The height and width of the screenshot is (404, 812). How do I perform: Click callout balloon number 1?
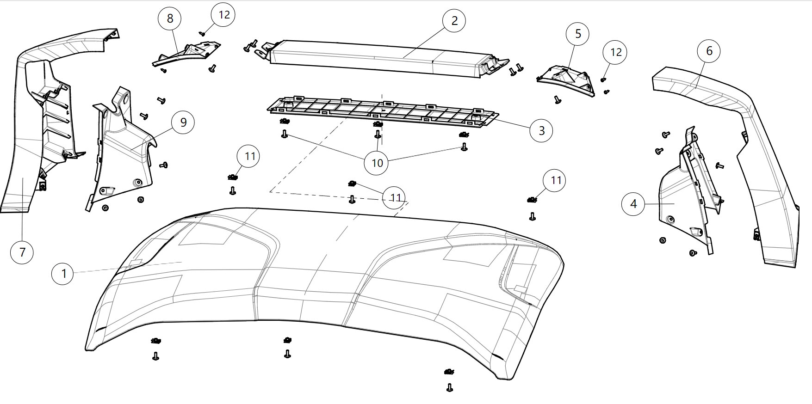[x=64, y=274]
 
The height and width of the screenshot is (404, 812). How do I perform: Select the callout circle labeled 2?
[x=454, y=21]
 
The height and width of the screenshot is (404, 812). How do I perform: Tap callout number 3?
[x=542, y=131]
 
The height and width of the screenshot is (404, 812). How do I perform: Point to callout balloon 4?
[x=633, y=204]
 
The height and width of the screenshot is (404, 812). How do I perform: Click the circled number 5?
[x=578, y=34]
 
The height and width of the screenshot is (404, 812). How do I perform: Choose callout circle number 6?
[x=709, y=51]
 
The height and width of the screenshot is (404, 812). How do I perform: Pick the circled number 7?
[x=22, y=252]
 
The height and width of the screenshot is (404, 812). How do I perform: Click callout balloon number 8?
[x=170, y=18]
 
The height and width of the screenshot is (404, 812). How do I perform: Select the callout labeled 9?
[x=183, y=122]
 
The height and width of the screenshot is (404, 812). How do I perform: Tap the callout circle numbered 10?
[x=377, y=163]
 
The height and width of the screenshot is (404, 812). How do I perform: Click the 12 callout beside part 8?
[x=223, y=14]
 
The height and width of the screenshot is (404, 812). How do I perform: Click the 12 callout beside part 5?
[x=616, y=52]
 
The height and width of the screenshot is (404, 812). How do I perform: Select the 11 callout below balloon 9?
[x=250, y=156]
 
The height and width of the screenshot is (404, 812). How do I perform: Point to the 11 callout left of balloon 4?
[x=555, y=180]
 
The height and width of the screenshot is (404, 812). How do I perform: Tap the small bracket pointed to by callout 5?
[x=567, y=79]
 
